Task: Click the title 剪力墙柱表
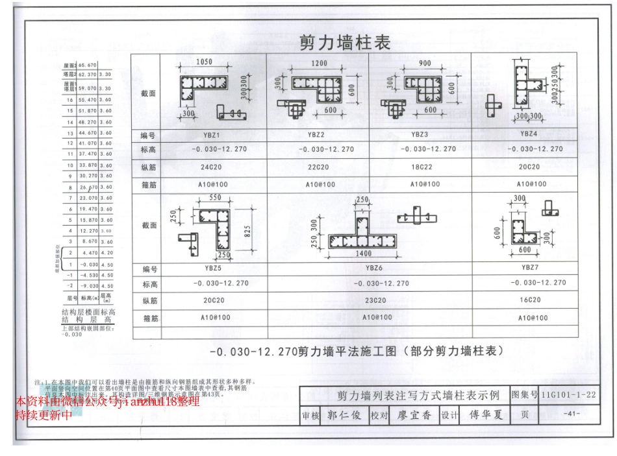344,43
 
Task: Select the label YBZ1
211,135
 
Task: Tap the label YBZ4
528,134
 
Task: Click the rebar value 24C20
211,167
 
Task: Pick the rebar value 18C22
425,167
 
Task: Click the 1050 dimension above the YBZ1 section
204,62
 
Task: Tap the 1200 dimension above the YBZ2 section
320,64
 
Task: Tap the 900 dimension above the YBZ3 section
425,64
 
